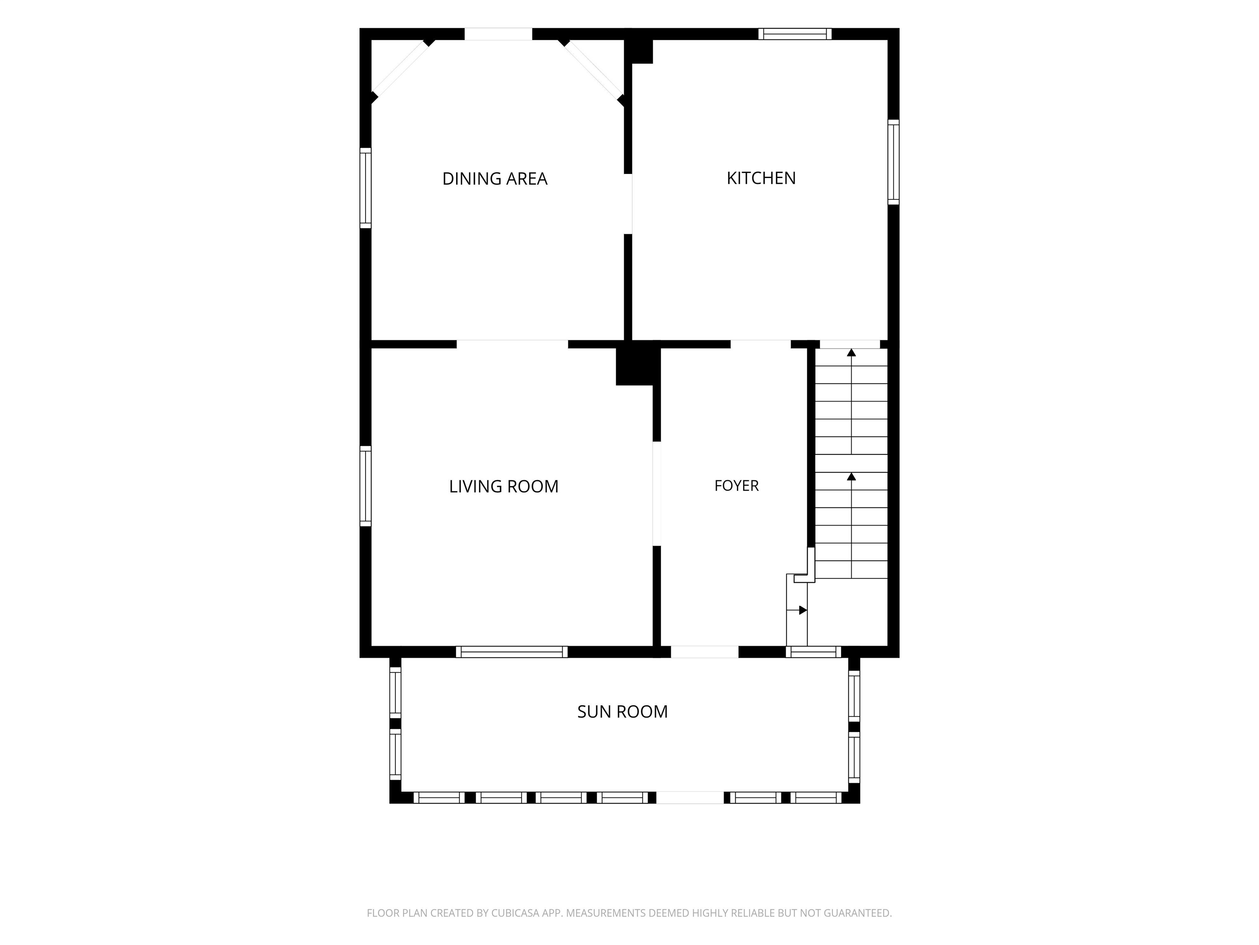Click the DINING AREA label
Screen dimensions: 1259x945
pyautogui.click(x=495, y=179)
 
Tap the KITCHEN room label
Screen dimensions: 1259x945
pyautogui.click(x=761, y=178)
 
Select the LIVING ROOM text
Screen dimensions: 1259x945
pyautogui.click(x=504, y=486)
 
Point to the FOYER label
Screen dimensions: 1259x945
pyautogui.click(x=736, y=486)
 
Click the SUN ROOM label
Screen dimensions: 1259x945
pyautogui.click(x=622, y=712)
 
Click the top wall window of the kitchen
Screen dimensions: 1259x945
pyautogui.click(x=795, y=34)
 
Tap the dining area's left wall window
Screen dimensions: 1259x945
pyautogui.click(x=366, y=188)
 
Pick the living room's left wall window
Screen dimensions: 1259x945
pyautogui.click(x=366, y=486)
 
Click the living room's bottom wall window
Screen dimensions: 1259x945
pyautogui.click(x=512, y=652)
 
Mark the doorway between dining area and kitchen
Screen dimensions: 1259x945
pyautogui.click(x=628, y=204)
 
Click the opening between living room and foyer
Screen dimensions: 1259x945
pyautogui.click(x=656, y=494)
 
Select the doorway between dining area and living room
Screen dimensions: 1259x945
pyautogui.click(x=512, y=344)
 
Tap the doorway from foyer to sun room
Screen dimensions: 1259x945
pyautogui.click(x=704, y=652)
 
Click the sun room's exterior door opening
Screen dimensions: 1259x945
pyautogui.click(x=691, y=797)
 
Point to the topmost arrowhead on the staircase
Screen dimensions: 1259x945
pyautogui.click(x=852, y=353)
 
